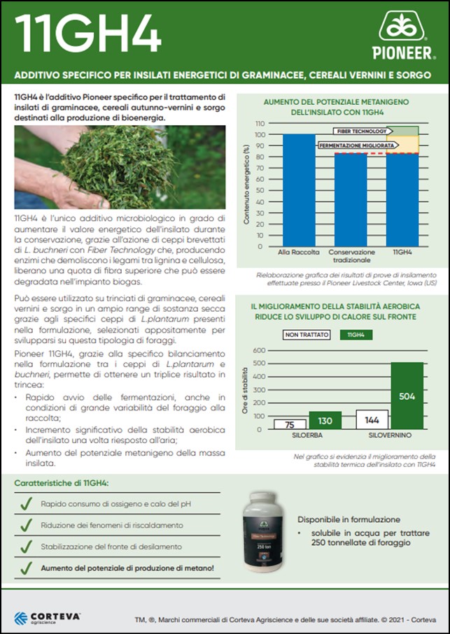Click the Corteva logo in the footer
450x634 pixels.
48,617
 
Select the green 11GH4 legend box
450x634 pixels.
356,335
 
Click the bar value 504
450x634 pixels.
407,396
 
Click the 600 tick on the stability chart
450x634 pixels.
258,350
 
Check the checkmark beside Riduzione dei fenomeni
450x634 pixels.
25,524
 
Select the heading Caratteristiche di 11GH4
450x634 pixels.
62,483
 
